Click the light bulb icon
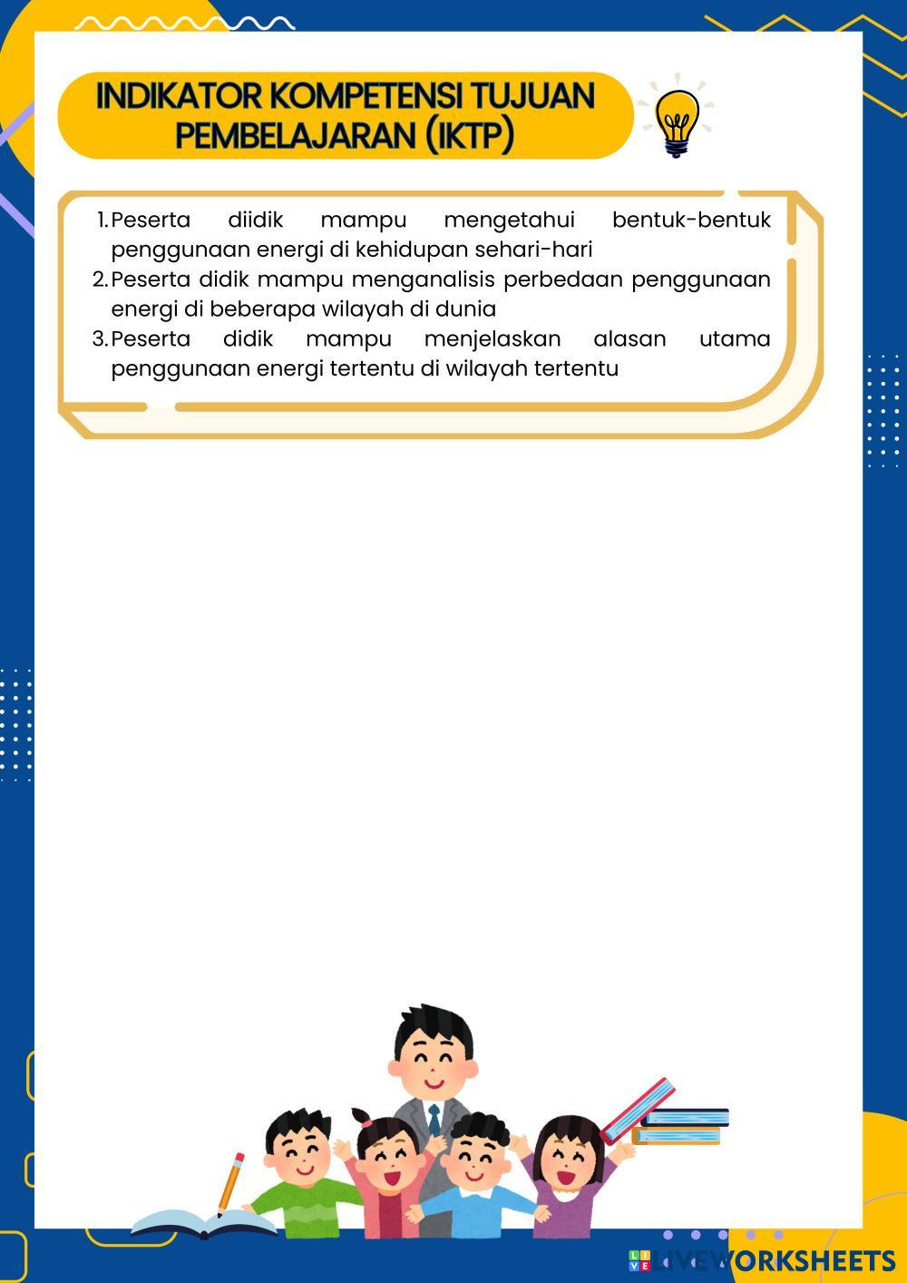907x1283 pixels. tap(677, 121)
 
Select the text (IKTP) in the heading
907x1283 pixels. tap(469, 135)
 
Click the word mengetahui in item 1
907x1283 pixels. tap(509, 220)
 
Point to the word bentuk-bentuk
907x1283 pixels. tap(691, 220)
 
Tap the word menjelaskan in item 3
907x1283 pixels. tap(492, 338)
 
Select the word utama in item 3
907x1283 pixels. tap(735, 338)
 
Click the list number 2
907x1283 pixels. tap(100, 279)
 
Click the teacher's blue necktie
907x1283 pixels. tap(434, 1119)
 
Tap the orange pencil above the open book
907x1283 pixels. tap(230, 1182)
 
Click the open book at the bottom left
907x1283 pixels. tap(203, 1224)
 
